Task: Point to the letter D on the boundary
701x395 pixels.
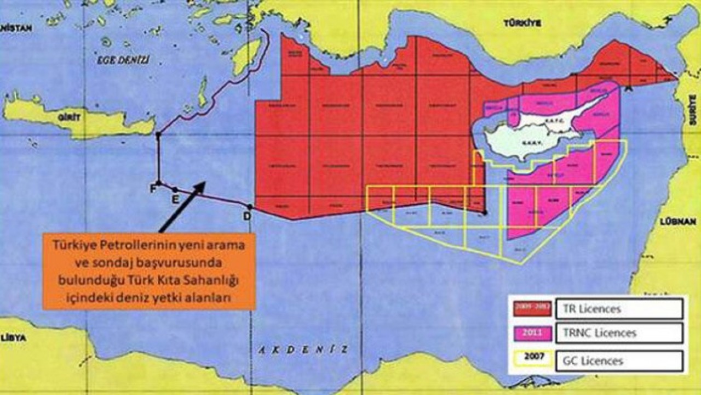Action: pyautogui.click(x=247, y=216)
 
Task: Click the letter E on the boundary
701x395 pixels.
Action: pyautogui.click(x=175, y=199)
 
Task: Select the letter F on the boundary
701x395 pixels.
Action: pyautogui.click(x=152, y=189)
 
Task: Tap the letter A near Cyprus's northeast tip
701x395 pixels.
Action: pyautogui.click(x=628, y=88)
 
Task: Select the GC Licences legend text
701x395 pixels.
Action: pyautogui.click(x=594, y=360)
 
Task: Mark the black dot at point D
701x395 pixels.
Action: pyautogui.click(x=250, y=207)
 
